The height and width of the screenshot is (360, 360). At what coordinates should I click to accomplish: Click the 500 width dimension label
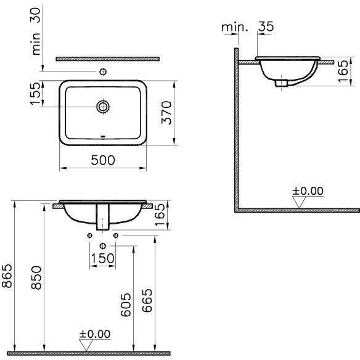point(103,160)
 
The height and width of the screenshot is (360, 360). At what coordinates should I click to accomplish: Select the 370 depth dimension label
point(166,113)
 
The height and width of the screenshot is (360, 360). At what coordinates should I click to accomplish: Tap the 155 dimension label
point(35,94)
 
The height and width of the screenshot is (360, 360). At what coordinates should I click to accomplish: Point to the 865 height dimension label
point(7,276)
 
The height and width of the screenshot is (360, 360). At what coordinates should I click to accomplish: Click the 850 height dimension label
point(36,277)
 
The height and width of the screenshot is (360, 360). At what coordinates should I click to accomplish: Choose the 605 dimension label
point(126,305)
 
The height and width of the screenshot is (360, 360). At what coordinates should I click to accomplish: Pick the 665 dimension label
point(147,300)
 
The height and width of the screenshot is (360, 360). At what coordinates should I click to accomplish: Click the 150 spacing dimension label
point(102,258)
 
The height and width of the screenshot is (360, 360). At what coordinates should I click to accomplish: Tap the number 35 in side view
point(266,27)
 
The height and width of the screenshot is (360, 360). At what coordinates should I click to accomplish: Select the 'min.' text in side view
point(235,27)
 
